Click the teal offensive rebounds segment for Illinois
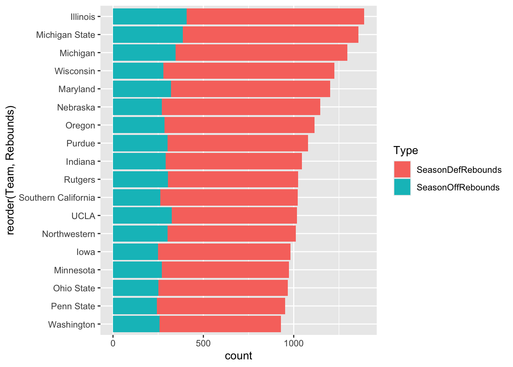(150, 17)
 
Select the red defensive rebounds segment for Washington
(220, 324)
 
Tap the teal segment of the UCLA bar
(142, 216)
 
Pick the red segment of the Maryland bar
(250, 89)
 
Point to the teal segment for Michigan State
(148, 35)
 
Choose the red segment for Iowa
(224, 252)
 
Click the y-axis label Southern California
(57, 198)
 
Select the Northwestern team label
(68, 234)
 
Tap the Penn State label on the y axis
(73, 306)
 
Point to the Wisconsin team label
(75, 71)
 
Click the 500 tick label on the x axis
(203, 344)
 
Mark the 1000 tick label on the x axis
(294, 344)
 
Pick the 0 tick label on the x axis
(113, 344)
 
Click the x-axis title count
(239, 356)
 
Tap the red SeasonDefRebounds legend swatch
(402, 169)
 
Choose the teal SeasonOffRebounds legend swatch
(402, 187)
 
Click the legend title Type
(406, 151)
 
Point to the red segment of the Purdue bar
(238, 143)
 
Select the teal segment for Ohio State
(136, 288)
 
